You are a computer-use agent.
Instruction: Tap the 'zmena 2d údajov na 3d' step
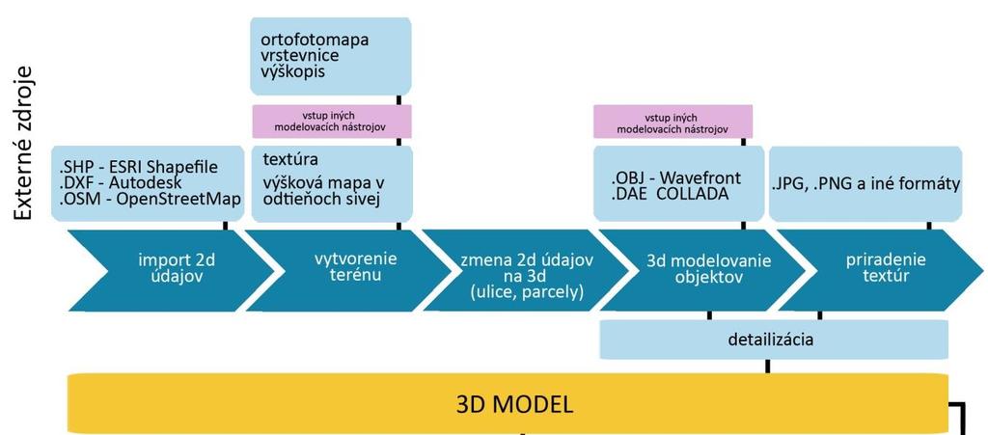(x=528, y=269)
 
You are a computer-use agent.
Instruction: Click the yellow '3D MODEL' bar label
(x=515, y=404)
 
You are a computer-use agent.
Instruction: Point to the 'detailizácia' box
(x=774, y=340)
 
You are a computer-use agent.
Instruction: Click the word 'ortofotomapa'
(x=315, y=40)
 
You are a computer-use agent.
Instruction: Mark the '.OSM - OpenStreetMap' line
(x=149, y=199)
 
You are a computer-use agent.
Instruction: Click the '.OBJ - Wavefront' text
(x=675, y=178)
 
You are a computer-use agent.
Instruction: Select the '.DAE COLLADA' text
(x=670, y=194)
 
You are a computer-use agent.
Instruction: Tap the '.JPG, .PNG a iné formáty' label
(x=865, y=184)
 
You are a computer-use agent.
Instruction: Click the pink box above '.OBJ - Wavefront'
(x=672, y=122)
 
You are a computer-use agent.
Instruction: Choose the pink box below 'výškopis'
(x=332, y=122)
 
